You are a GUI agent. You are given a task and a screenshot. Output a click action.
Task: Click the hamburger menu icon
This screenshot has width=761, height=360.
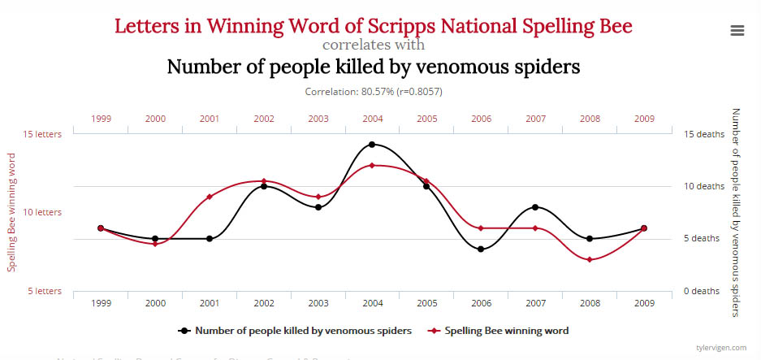click(737, 30)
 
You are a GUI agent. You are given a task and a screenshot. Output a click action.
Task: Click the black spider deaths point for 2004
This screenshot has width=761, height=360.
click(372, 145)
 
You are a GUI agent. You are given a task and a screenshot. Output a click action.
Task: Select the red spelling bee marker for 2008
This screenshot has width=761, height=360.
click(590, 260)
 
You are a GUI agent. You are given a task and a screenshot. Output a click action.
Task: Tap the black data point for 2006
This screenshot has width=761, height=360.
click(481, 249)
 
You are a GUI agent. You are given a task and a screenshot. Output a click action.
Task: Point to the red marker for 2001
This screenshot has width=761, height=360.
click(210, 197)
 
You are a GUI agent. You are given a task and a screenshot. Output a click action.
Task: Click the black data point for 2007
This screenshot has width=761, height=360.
click(535, 207)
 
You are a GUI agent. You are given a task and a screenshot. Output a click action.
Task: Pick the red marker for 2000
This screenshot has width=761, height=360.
click(155, 244)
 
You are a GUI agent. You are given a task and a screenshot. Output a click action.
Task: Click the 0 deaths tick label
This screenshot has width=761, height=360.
click(702, 291)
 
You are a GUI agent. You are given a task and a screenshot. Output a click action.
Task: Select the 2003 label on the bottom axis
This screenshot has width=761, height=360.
click(318, 302)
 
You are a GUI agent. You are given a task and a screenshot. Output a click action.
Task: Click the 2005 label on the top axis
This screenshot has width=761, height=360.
click(426, 119)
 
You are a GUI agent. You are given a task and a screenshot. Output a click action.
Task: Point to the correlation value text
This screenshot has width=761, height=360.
click(374, 92)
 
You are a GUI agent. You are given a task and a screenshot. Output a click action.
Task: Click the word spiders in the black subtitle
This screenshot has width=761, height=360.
click(545, 67)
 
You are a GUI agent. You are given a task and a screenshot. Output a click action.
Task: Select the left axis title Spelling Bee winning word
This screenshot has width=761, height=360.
click(12, 212)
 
